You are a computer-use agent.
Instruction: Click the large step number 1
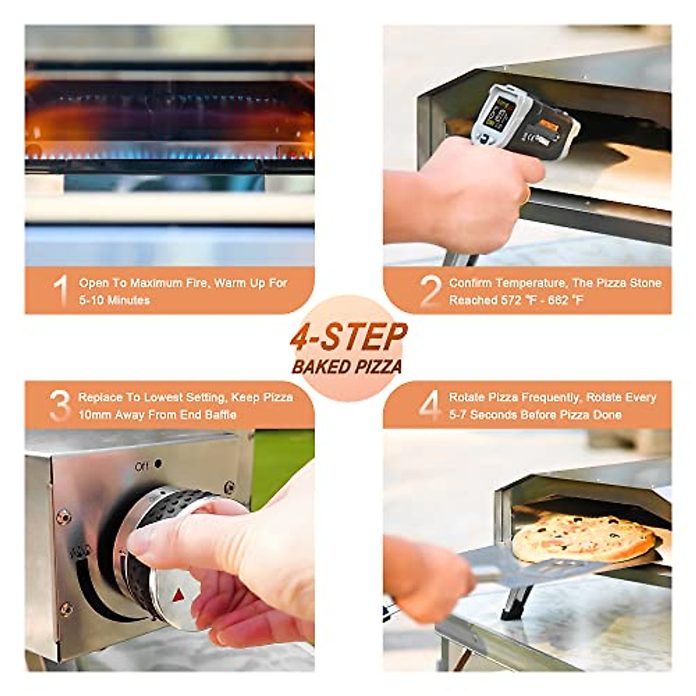coord(61,291)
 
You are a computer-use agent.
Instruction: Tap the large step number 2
coord(430,291)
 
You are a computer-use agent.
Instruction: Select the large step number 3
coord(60,405)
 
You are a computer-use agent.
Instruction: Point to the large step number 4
coord(430,405)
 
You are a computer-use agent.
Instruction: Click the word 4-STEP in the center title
coord(349,338)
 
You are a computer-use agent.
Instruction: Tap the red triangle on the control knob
coord(178,596)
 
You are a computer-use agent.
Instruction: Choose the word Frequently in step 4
coord(550,397)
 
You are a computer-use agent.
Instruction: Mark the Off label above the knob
coord(142,466)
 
